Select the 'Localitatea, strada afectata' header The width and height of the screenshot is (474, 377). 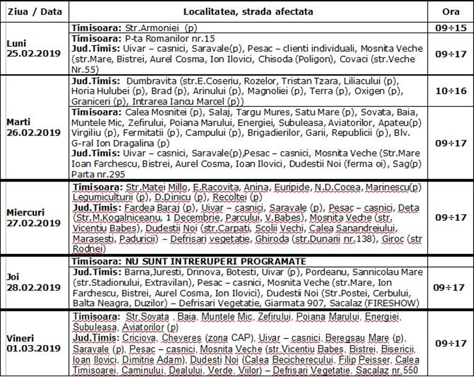247,12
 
